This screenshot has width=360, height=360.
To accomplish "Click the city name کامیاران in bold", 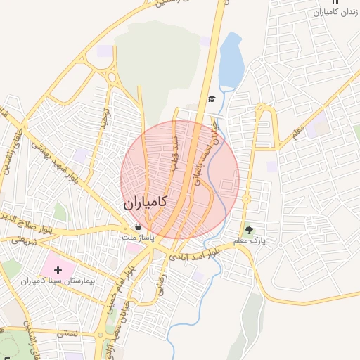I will pyautogui.click(x=146, y=202).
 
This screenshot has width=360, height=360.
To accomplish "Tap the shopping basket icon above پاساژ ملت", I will pyautogui.click(x=139, y=226).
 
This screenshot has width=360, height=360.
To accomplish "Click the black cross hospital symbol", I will pyautogui.click(x=58, y=270).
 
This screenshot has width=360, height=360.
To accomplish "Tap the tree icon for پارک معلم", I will pyautogui.click(x=248, y=229).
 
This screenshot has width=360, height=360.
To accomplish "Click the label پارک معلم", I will pyautogui.click(x=252, y=242).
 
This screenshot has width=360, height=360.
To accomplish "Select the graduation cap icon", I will pyautogui.click(x=212, y=98).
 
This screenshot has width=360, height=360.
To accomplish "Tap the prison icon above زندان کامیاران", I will pyautogui.click(x=335, y=2).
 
